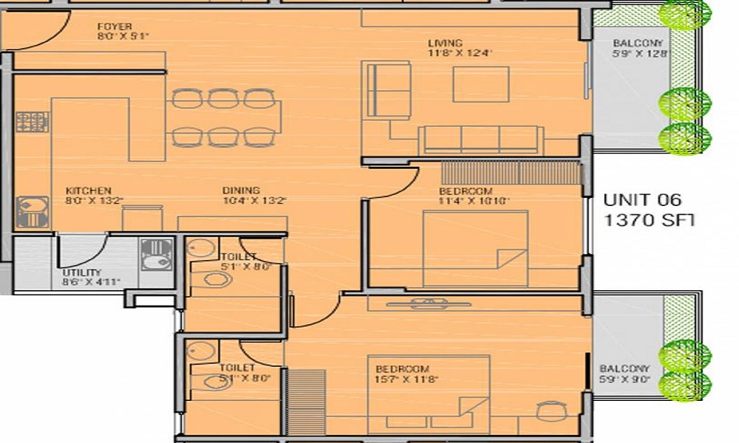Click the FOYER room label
click(x=114, y=27)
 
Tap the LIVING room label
click(x=445, y=43)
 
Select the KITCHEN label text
click(x=88, y=190)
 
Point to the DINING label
click(x=242, y=190)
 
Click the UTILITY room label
click(x=82, y=272)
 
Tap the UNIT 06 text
click(x=641, y=199)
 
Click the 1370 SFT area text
click(x=651, y=219)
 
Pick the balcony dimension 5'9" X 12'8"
click(x=640, y=53)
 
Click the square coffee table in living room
click(x=481, y=84)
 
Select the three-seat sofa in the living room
click(x=480, y=140)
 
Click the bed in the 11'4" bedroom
click(x=474, y=248)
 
